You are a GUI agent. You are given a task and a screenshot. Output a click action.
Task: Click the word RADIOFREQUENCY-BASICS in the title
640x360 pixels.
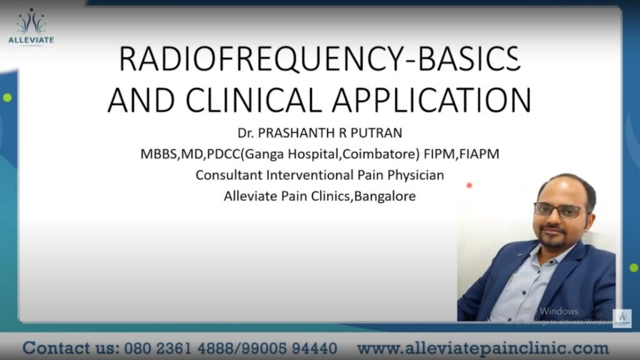tap(319, 60)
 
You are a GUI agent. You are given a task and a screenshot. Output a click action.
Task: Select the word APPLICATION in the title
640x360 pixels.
tap(438, 100)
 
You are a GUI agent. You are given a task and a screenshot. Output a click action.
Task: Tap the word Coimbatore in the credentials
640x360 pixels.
tap(380, 154)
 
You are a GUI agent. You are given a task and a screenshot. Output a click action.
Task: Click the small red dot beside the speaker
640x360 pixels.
tap(469, 186)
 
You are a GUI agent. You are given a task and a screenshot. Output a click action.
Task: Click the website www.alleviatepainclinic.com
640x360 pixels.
tap(482, 347)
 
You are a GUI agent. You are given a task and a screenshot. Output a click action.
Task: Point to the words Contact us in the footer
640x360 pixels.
tap(66, 347)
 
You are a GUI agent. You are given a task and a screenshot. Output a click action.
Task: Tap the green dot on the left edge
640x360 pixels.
tap(7, 97)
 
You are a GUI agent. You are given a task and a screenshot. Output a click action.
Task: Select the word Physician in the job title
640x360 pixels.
tap(414, 175)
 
